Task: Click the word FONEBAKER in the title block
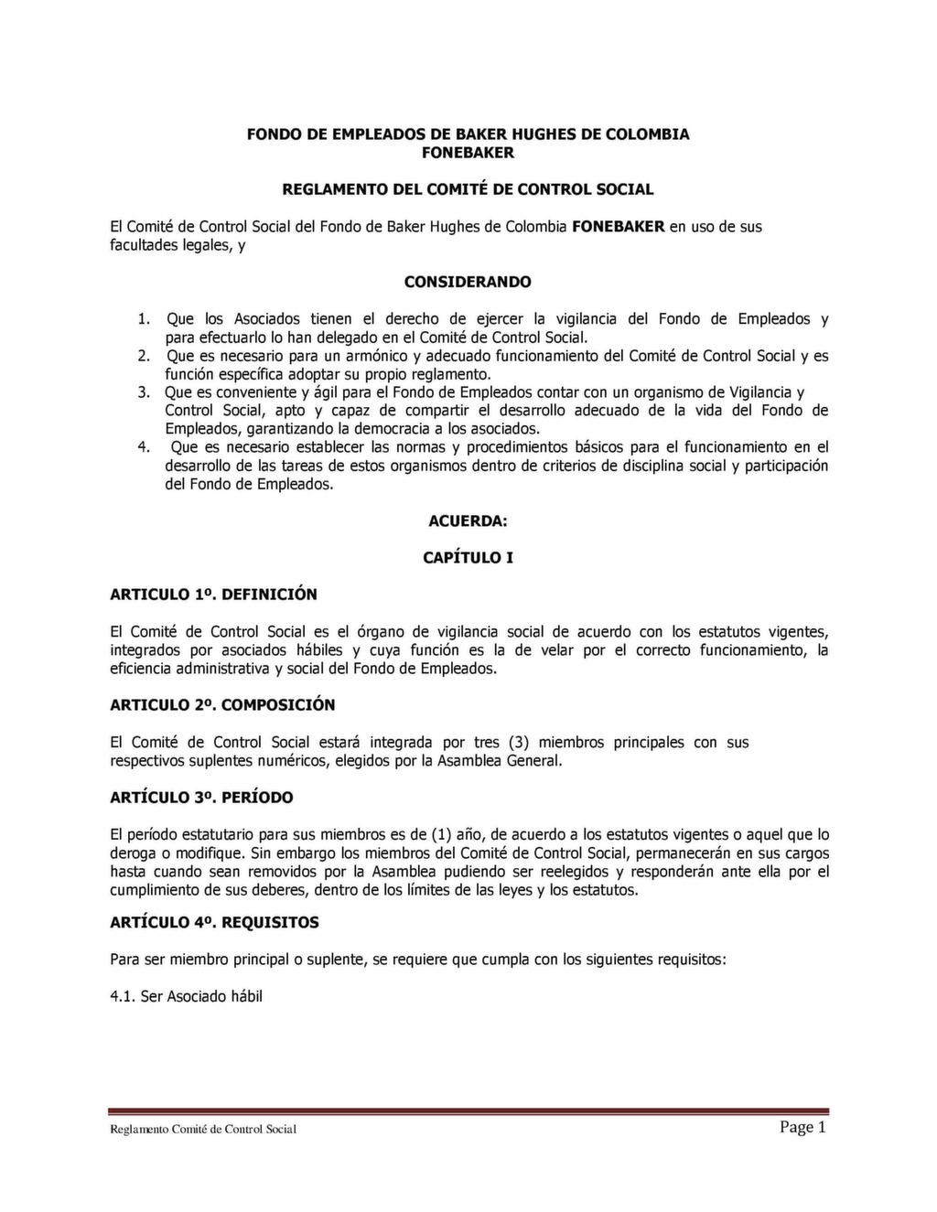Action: point(468,153)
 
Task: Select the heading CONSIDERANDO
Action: point(468,282)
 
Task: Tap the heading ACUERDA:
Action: point(468,521)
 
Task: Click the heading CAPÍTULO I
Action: point(468,558)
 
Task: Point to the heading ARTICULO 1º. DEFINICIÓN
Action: point(213,595)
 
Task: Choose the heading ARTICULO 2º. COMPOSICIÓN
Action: point(222,705)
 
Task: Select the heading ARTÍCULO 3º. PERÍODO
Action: point(201,798)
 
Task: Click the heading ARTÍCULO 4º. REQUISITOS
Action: point(214,923)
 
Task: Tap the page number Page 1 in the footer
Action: point(802,1127)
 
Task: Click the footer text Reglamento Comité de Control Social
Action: point(203,1130)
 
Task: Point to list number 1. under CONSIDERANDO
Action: point(144,319)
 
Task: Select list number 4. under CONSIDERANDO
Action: point(144,447)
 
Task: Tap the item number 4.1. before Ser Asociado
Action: point(123,997)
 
